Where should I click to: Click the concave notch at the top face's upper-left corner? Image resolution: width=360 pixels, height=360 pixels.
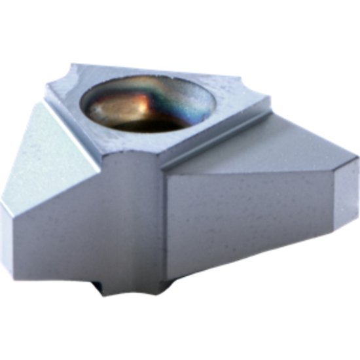(x=65, y=73)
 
